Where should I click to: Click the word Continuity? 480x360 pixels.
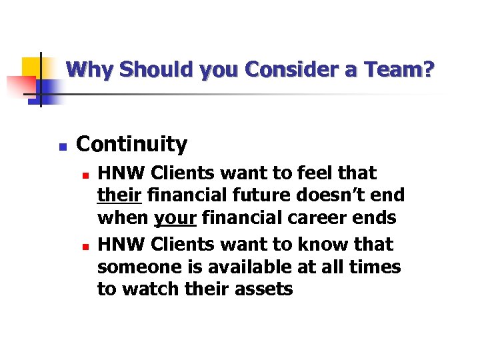point(132,144)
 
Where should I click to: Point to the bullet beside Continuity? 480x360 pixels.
point(61,146)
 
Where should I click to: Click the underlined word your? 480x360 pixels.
point(175,218)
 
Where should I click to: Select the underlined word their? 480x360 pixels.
point(119,196)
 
